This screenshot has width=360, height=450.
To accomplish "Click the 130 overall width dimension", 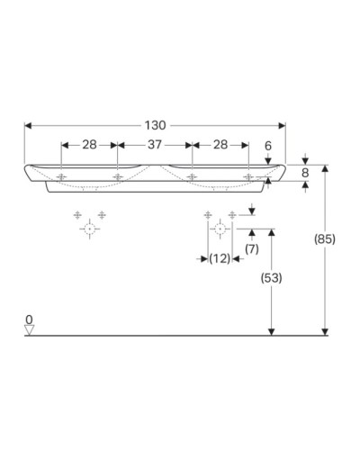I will pyautogui.click(x=155, y=125).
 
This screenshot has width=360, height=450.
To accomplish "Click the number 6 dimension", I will pyautogui.click(x=268, y=144).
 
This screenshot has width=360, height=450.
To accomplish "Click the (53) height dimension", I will pyautogui.click(x=270, y=278).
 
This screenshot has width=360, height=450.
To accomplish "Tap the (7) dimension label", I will pyautogui.click(x=252, y=247).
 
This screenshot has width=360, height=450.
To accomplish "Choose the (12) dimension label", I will pyautogui.click(x=219, y=259).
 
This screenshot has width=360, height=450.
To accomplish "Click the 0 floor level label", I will pyautogui.click(x=29, y=319).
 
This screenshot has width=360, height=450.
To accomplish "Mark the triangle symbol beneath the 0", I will pyautogui.click(x=29, y=330).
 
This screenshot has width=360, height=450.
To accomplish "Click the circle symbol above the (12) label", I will pyautogui.click(x=219, y=229).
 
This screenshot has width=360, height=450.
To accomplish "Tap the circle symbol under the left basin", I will pyautogui.click(x=89, y=229).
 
